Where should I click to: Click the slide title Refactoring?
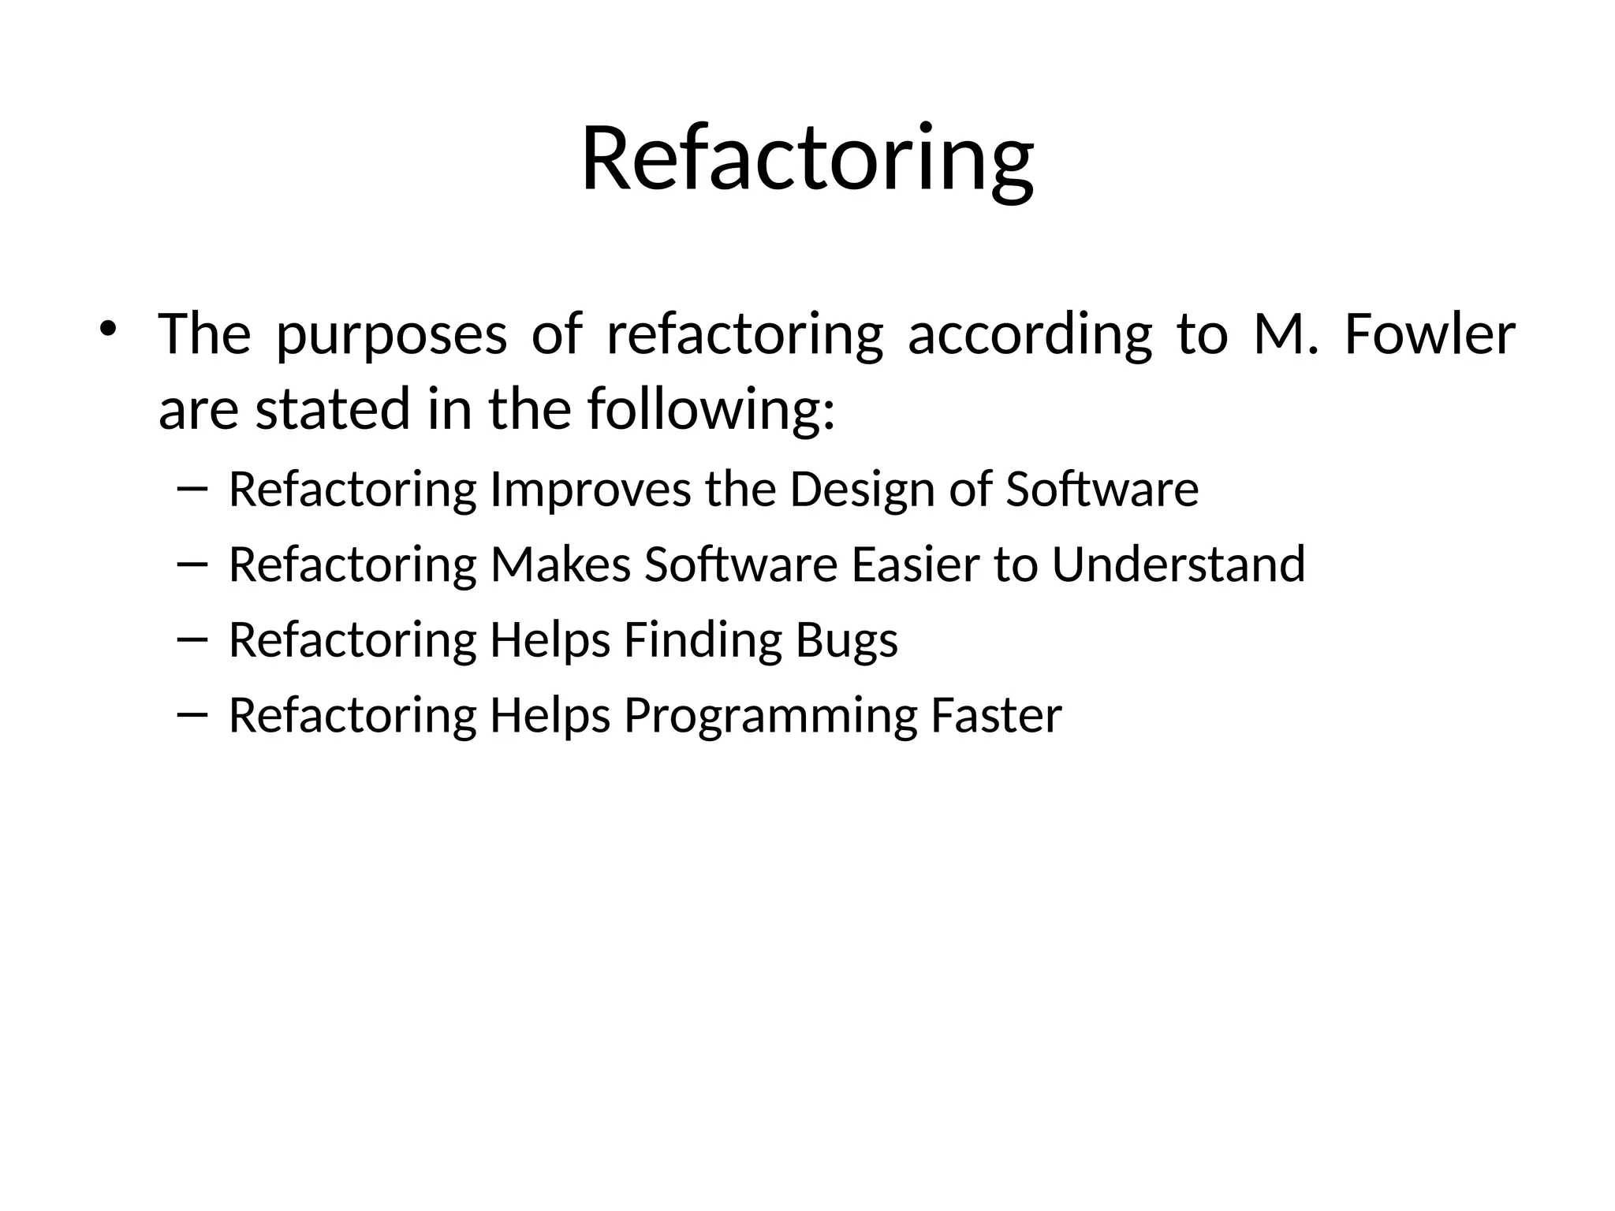(x=807, y=160)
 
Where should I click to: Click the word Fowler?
(x=1429, y=334)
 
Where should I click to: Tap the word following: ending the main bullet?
(x=711, y=410)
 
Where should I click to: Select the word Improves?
(x=591, y=490)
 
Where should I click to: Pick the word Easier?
(x=916, y=565)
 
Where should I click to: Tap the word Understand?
(x=1178, y=565)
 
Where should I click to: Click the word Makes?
(x=561, y=565)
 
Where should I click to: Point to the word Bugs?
(x=846, y=640)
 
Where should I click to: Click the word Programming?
(x=770, y=716)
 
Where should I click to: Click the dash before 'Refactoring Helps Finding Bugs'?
(x=192, y=640)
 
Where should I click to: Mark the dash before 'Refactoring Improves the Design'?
(x=192, y=490)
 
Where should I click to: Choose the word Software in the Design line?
(x=1102, y=490)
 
